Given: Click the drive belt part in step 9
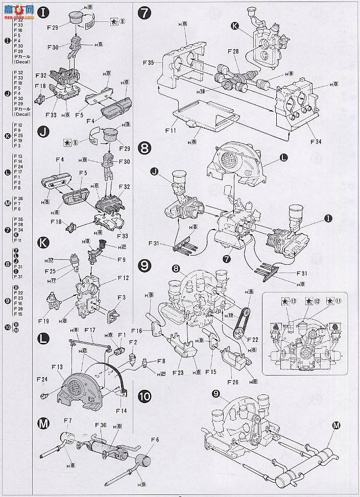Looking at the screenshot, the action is (242, 324).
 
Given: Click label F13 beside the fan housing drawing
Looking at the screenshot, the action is (57, 366).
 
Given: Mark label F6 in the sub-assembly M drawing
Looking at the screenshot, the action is (155, 439).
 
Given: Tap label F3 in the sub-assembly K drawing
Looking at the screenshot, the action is (122, 297).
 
